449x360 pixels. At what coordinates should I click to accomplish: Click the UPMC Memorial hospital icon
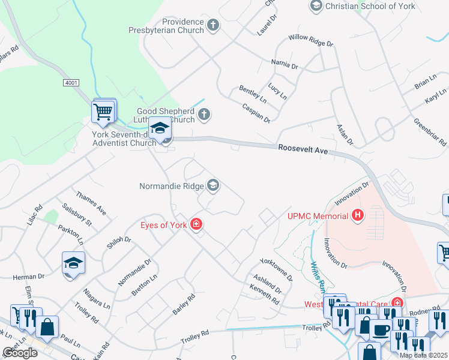[358, 215]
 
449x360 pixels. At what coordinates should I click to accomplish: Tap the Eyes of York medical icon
[196, 225]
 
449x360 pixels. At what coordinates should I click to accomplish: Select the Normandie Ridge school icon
[213, 185]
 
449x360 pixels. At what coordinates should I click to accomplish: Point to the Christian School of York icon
[316, 6]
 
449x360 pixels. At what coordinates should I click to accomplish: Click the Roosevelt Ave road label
[303, 150]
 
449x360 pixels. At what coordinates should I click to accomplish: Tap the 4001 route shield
[70, 82]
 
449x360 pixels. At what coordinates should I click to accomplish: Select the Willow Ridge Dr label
[310, 41]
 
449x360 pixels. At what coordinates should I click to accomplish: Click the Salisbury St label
[79, 214]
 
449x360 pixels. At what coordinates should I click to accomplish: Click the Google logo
[20, 352]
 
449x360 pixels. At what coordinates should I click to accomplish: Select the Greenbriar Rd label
[430, 131]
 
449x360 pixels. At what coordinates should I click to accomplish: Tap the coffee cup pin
[381, 330]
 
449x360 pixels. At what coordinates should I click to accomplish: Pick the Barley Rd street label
[184, 304]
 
